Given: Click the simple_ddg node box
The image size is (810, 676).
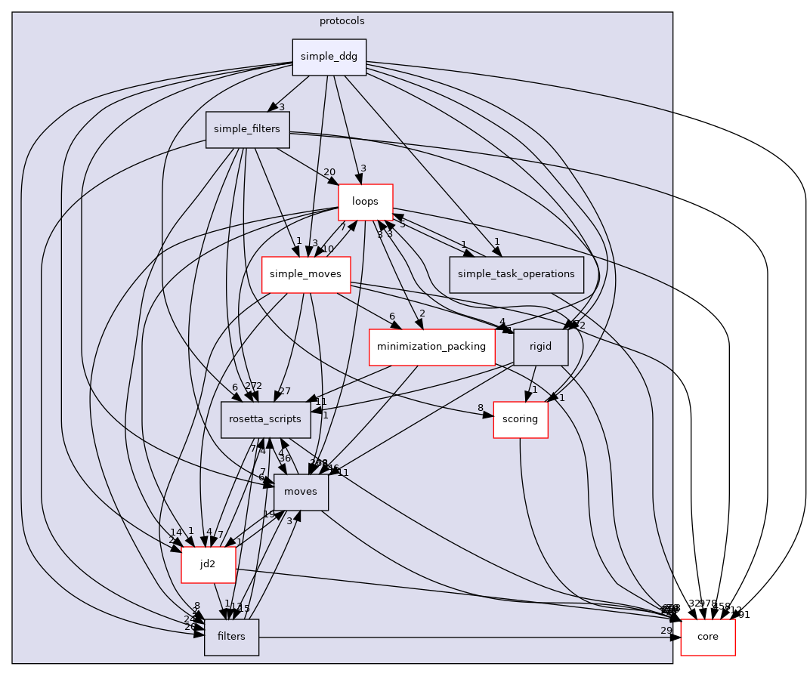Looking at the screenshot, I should tap(329, 57).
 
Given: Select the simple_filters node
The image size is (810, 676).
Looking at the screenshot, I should tap(246, 129).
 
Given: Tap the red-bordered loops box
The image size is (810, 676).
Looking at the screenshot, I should tap(366, 202).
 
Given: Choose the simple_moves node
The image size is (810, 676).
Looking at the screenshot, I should tap(305, 275).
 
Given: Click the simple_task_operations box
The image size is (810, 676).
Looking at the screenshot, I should tap(517, 275).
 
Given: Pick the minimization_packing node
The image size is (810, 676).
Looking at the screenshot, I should tap(431, 347).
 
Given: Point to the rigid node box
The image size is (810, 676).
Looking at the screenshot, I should tap(540, 347).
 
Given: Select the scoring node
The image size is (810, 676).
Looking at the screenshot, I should tap(520, 420).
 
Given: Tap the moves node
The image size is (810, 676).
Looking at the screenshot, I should tap(301, 492).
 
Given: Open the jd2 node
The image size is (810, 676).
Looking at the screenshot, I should tap(208, 564).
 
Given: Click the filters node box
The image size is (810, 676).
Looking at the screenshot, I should tap(231, 637).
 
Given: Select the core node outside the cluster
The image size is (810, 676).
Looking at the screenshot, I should tap(708, 637).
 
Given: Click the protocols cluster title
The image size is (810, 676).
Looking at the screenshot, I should tap(342, 20).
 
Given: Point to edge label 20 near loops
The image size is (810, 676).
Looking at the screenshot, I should tap(329, 172).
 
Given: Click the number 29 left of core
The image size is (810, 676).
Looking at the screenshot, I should tap(666, 631).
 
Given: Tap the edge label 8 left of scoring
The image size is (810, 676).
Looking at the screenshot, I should tap(481, 409).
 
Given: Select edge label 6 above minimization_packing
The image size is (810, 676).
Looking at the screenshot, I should tap(392, 316).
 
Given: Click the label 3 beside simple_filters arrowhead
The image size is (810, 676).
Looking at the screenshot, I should tap(281, 107).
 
